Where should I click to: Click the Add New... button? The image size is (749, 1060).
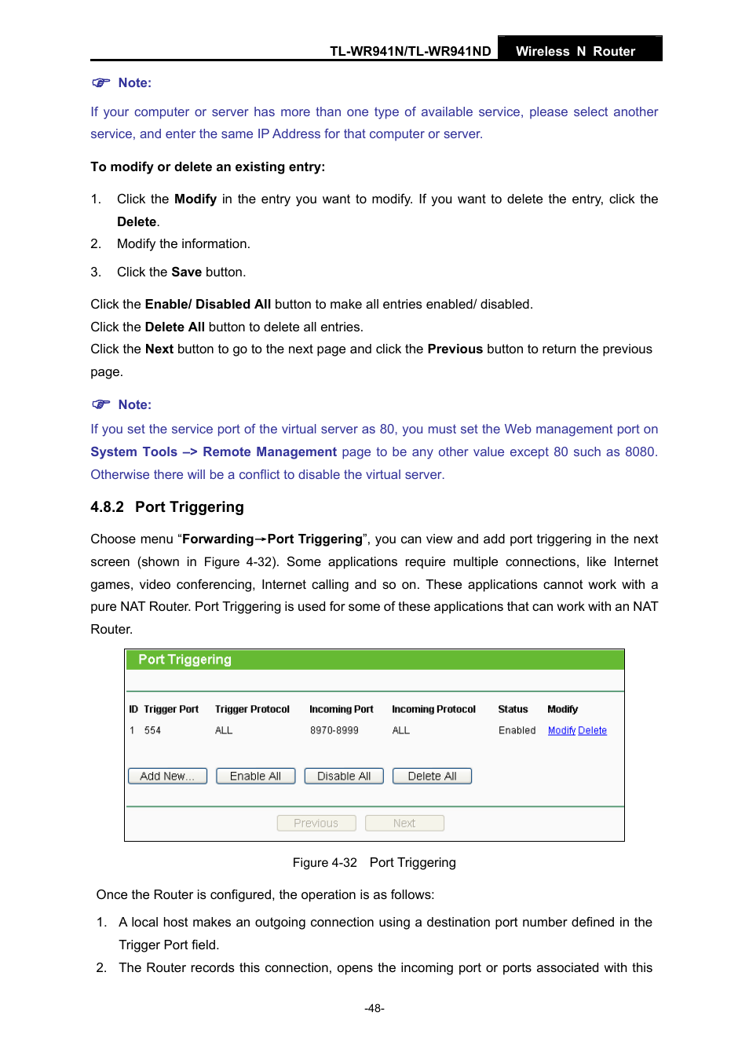pyautogui.click(x=167, y=776)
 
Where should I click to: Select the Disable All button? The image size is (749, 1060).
pyautogui.click(x=344, y=776)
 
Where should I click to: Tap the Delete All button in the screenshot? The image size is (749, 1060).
pyautogui.click(x=432, y=776)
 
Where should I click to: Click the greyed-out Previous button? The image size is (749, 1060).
pyautogui.click(x=316, y=823)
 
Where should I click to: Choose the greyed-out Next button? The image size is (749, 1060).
pyautogui.click(x=404, y=823)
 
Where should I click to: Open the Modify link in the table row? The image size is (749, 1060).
pyautogui.click(x=561, y=730)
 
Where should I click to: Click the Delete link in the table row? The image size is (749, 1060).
pyautogui.click(x=593, y=730)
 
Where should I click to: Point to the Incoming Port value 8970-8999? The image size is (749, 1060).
pyautogui.click(x=334, y=730)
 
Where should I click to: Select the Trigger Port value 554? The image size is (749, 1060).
pyautogui.click(x=152, y=730)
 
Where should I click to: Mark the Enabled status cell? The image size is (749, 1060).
pyautogui.click(x=517, y=730)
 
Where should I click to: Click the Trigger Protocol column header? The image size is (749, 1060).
pyautogui.click(x=252, y=709)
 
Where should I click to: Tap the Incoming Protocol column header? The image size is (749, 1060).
pyautogui.click(x=433, y=709)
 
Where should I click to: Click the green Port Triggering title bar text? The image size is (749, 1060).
pyautogui.click(x=185, y=660)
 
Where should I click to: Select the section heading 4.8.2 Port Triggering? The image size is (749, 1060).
pyautogui.click(x=167, y=507)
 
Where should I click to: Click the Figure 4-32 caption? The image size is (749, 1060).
pyautogui.click(x=374, y=862)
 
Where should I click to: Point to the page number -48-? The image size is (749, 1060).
pyautogui.click(x=374, y=1008)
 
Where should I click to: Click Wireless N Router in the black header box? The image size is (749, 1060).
pyautogui.click(x=575, y=51)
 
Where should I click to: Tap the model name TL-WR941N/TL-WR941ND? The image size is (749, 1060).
pyautogui.click(x=410, y=51)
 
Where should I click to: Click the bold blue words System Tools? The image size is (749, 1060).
pyautogui.click(x=133, y=451)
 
